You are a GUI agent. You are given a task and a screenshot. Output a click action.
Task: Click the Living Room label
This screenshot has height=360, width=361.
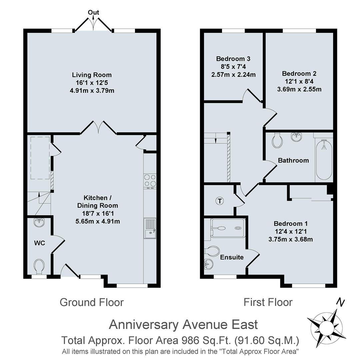[92, 75]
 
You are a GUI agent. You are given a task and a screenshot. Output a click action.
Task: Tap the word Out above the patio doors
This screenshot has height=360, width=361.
[93, 13]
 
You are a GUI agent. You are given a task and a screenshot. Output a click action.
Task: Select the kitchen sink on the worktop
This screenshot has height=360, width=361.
[150, 228]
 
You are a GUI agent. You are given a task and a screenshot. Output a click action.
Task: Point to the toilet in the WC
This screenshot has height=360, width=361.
[39, 266]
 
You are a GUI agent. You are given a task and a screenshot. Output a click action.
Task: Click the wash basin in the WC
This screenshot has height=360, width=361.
[39, 221]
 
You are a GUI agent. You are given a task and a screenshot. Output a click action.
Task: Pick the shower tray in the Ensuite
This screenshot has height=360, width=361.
[228, 228]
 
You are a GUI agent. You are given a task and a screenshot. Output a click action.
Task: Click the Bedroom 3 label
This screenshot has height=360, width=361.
[233, 59]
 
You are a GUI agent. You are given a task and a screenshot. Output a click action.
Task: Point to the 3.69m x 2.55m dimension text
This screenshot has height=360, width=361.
[299, 89]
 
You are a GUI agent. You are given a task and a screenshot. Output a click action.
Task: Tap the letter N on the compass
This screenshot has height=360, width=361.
[340, 302]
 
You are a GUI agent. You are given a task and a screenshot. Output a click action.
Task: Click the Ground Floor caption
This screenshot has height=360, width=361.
[92, 302]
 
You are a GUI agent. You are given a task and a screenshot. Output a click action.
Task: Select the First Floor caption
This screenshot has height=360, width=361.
[268, 302]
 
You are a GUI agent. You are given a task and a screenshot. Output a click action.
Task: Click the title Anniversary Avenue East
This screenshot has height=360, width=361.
[183, 324]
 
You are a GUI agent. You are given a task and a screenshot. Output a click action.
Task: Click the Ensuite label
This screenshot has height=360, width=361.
[232, 257]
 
